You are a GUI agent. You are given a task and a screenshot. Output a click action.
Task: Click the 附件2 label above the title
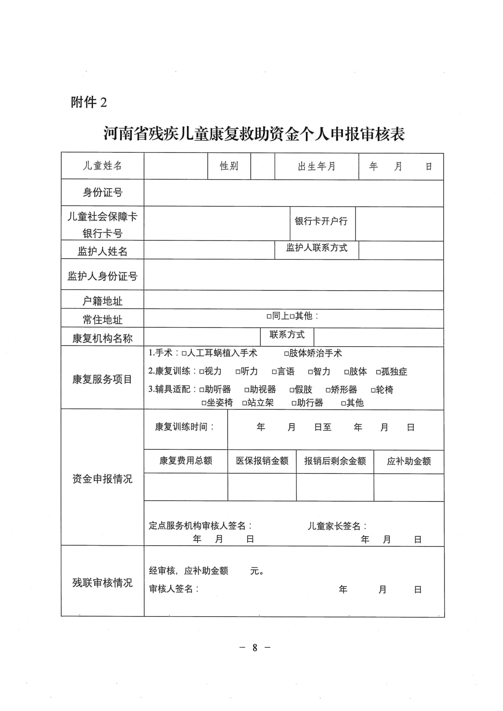[89, 102]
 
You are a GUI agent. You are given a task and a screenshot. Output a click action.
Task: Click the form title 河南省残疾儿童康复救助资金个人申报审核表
[254, 134]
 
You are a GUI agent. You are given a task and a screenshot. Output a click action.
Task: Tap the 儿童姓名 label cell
[102, 166]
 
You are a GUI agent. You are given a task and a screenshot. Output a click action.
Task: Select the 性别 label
[229, 166]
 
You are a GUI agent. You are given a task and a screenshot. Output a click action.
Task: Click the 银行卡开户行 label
[321, 221]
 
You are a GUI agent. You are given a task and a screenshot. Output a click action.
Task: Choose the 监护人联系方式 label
[316, 248]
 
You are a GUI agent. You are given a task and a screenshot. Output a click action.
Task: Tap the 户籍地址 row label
[102, 301]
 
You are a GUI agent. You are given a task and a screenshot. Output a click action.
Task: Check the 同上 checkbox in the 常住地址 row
[269, 316]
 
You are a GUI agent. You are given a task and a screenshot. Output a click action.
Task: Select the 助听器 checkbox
[202, 390]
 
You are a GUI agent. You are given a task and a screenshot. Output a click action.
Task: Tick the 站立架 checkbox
[245, 403]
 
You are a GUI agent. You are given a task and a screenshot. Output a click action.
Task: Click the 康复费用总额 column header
[185, 461]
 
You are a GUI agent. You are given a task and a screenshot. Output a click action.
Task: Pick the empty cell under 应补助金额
[408, 487]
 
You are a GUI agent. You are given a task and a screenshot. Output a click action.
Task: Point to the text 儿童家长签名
[337, 526]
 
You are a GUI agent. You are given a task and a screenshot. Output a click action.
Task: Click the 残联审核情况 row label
[102, 583]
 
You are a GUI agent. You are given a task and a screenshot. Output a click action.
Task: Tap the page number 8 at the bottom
[255, 648]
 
